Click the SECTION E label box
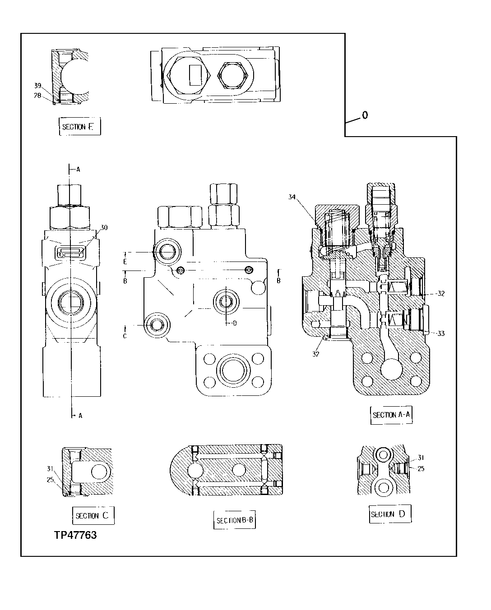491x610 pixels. pyautogui.click(x=79, y=127)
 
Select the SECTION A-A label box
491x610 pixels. pyautogui.click(x=391, y=415)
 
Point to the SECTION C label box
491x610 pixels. pyautogui.click(x=93, y=516)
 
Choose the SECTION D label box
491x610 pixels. pyautogui.click(x=390, y=514)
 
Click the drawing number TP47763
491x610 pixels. pyautogui.click(x=75, y=536)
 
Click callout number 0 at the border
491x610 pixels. pyautogui.click(x=365, y=115)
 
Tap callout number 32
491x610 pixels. pyautogui.click(x=440, y=294)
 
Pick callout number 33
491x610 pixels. pyautogui.click(x=440, y=333)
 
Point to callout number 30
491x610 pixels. pyautogui.click(x=104, y=228)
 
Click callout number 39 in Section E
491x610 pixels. pyautogui.click(x=38, y=86)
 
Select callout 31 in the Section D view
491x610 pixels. pyautogui.click(x=420, y=457)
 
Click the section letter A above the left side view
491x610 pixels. pyautogui.click(x=78, y=170)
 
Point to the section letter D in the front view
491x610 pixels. pyautogui.click(x=234, y=323)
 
